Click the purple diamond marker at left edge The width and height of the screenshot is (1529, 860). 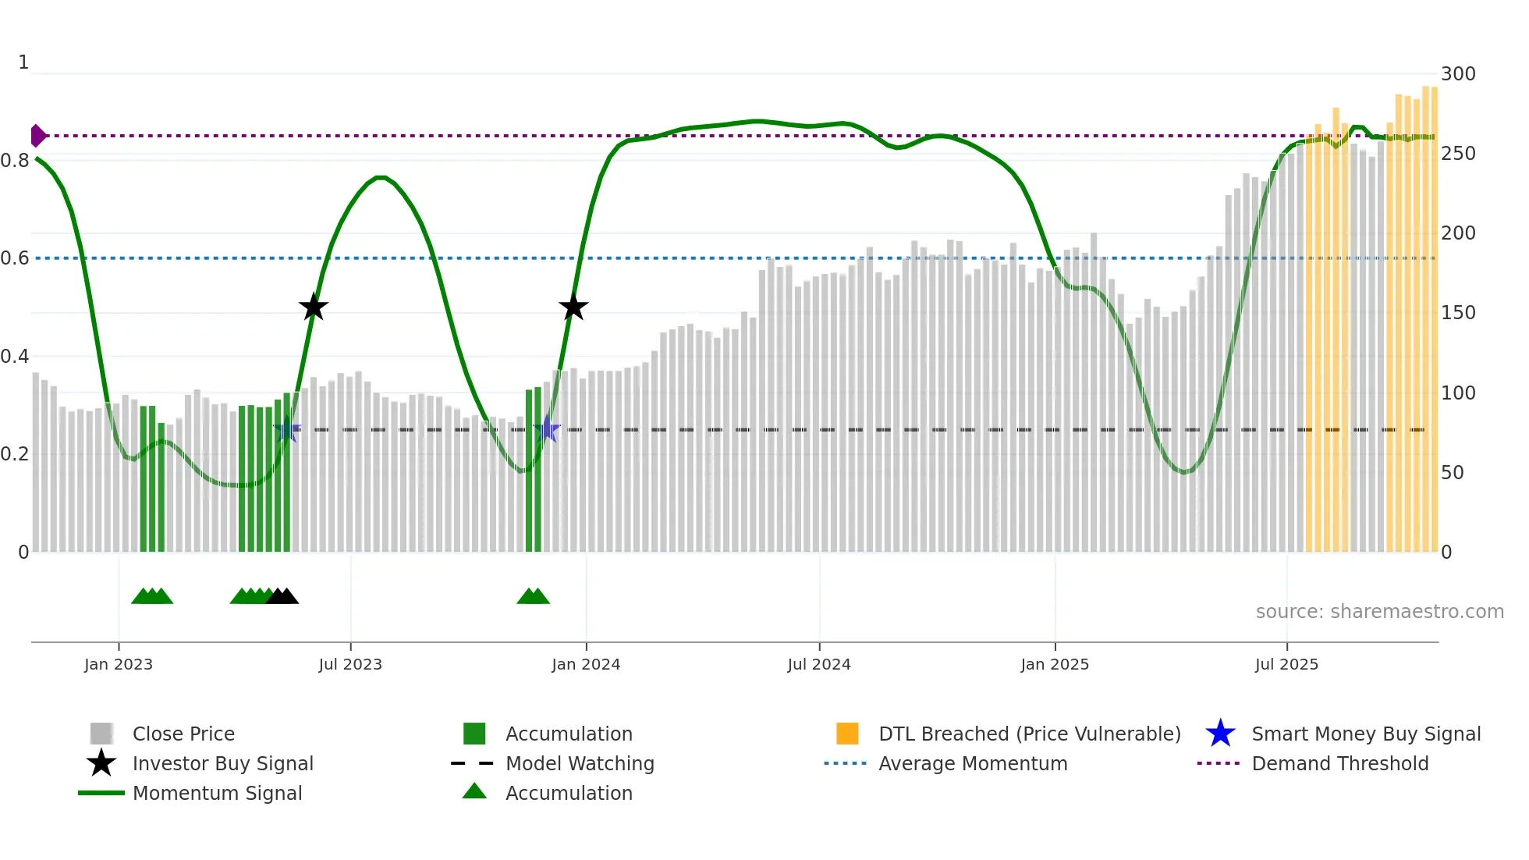37,136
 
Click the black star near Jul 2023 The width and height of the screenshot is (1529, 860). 314,307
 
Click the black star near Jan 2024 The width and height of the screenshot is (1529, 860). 573,307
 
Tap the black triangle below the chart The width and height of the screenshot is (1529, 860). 282,596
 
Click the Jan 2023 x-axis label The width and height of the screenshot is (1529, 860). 119,664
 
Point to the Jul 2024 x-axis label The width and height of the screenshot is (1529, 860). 819,664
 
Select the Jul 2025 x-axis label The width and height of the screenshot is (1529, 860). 1286,664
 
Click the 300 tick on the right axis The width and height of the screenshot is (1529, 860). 1458,74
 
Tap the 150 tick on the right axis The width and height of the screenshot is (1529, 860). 1458,313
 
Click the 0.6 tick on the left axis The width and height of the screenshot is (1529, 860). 15,258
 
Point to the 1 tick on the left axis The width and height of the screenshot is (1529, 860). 23,62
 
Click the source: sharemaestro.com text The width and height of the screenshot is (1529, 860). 1379,612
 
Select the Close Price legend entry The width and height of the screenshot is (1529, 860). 183,734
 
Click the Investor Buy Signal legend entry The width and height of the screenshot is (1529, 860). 222,763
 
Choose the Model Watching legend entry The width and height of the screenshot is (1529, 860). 580,763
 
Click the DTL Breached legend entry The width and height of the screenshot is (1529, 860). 1029,734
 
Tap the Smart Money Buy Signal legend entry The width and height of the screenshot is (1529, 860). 1365,734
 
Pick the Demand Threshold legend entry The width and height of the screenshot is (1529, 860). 1339,763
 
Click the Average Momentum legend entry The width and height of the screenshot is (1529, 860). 972,763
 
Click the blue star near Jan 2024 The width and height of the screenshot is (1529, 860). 547,429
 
